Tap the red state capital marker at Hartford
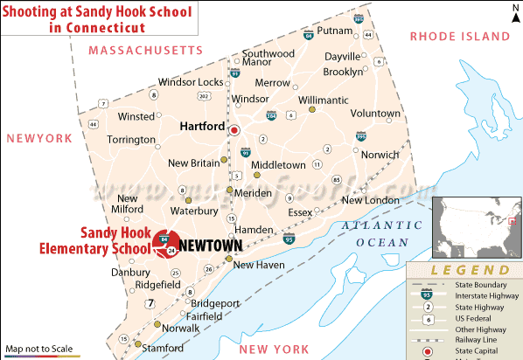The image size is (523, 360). [x=234, y=131]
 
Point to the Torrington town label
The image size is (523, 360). [x=131, y=140]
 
